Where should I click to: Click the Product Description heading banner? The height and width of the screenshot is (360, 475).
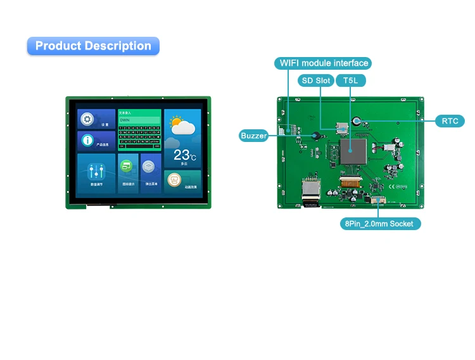[x=93, y=46]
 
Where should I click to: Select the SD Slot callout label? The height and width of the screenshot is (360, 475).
[x=315, y=80]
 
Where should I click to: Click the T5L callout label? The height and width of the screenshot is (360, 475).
[x=351, y=80]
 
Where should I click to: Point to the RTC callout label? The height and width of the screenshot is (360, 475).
[x=450, y=120]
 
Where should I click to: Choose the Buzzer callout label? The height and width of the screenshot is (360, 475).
[x=253, y=136]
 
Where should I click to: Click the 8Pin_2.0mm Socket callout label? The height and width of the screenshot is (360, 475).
[x=380, y=223]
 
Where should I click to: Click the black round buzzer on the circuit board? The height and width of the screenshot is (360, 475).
[x=313, y=135]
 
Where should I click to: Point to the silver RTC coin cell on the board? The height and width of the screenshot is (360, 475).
[x=357, y=120]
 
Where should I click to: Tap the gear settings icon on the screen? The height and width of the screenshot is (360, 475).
[x=88, y=119]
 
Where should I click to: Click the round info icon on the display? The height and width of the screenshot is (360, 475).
[x=88, y=141]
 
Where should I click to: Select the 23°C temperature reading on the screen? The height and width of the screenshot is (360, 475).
[x=184, y=155]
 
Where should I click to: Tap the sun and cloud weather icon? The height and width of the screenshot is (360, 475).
[x=181, y=125]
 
